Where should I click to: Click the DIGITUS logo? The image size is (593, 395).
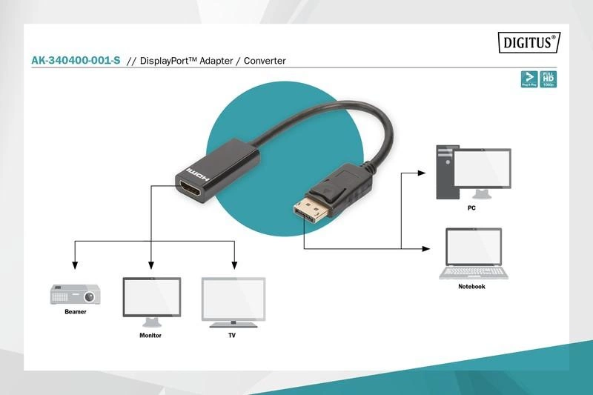coord(528,43)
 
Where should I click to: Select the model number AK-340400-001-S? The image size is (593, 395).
coord(76,61)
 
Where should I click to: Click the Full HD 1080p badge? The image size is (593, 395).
coord(549,80)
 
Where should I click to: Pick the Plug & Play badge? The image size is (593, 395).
coord(529,80)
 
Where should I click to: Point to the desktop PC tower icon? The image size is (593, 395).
coord(445,172)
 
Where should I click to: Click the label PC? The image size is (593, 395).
coord(471,208)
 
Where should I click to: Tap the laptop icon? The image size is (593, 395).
coord(474,253)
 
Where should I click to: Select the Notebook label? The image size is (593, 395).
coord(471,287)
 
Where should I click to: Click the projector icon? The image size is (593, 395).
coord(75,294)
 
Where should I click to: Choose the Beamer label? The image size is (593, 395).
coord(75,312)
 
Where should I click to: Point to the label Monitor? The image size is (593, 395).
coord(150,336)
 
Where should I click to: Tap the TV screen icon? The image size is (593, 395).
coord(233,301)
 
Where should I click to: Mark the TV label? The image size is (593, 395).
coord(232,336)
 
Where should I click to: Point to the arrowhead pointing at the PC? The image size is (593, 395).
coord(422,173)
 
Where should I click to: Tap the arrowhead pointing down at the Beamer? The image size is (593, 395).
coord(73,266)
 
